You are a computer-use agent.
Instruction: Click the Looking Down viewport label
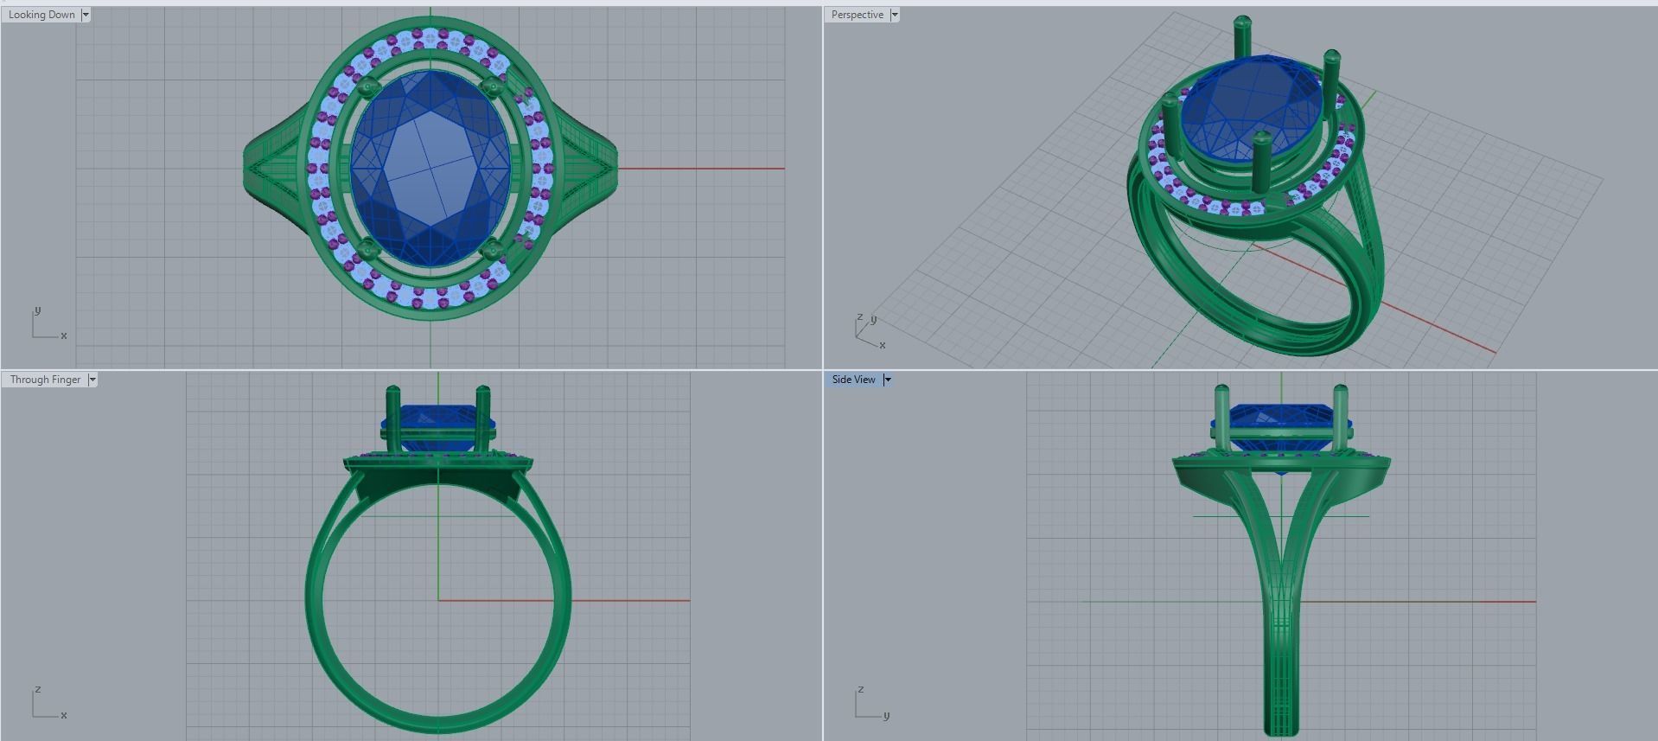click(41, 15)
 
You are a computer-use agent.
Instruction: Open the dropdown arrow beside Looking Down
click(86, 15)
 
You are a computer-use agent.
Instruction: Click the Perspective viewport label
click(857, 15)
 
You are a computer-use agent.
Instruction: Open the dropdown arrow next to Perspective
click(895, 15)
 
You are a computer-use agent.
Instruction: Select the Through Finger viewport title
click(45, 380)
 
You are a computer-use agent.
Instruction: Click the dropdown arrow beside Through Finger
click(92, 380)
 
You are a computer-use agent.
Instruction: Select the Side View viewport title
click(853, 380)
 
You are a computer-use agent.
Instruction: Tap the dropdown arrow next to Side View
click(887, 380)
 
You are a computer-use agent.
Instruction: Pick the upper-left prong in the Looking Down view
click(367, 86)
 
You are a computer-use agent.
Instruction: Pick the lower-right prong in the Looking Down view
click(494, 251)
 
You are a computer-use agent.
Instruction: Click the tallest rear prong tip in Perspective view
click(1242, 22)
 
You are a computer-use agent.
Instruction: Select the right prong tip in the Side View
click(1341, 392)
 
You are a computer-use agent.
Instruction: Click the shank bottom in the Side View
click(1280, 729)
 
